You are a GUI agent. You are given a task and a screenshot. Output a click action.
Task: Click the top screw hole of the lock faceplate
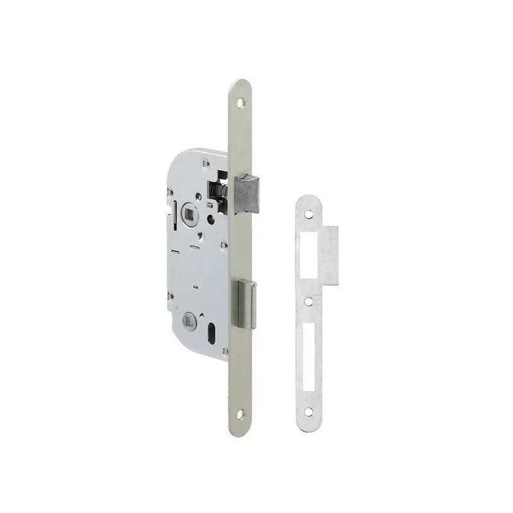coord(240,102)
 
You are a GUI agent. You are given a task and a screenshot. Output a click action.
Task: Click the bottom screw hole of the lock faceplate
coord(240,414)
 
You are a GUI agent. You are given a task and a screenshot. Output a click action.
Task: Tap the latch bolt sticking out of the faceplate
coord(248,194)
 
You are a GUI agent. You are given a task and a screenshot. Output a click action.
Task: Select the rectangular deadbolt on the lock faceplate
coord(246,305)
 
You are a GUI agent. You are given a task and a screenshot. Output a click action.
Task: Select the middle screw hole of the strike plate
coord(309,300)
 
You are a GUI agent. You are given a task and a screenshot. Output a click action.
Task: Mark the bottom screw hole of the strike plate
coord(309,412)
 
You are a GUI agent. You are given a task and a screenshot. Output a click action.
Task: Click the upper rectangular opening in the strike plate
coord(309,255)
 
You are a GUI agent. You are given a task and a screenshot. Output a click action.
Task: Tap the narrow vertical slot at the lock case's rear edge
coord(175,214)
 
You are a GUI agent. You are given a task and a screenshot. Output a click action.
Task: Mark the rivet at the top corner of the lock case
coord(206,164)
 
